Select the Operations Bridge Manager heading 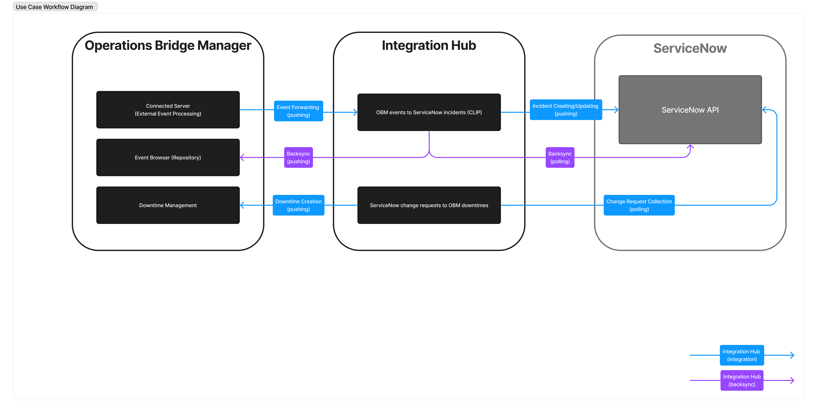click(168, 45)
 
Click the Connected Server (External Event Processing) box click(168, 110)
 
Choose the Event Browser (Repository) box click(168, 157)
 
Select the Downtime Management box click(168, 205)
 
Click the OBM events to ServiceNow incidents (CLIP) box click(429, 112)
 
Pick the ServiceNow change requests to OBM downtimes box click(429, 205)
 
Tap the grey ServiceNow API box click(690, 110)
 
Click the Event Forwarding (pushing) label click(298, 111)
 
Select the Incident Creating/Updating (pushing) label click(566, 110)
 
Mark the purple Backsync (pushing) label click(298, 157)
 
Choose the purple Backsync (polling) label click(560, 157)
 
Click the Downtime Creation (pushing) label click(298, 205)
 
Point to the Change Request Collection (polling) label click(639, 205)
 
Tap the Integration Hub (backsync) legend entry click(742, 380)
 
